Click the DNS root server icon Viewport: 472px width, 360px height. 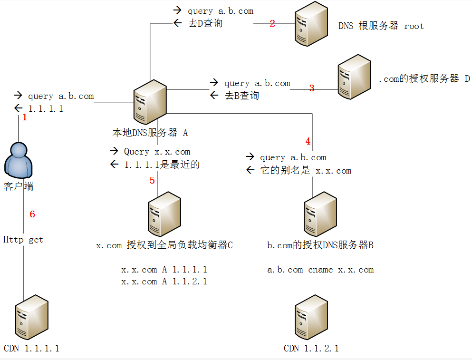310,24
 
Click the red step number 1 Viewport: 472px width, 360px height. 25,117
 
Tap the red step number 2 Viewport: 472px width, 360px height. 272,23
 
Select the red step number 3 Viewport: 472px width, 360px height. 312,88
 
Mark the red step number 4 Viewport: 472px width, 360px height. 308,141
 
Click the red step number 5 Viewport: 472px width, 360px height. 152,180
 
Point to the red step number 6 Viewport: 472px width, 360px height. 32,214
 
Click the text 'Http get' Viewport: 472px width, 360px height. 23,240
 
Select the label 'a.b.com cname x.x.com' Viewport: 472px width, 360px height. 320,270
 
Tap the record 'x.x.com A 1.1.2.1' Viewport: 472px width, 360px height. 164,282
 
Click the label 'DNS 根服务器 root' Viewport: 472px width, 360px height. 381,26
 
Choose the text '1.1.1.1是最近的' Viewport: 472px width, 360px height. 162,165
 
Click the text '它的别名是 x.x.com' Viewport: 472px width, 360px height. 306,171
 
